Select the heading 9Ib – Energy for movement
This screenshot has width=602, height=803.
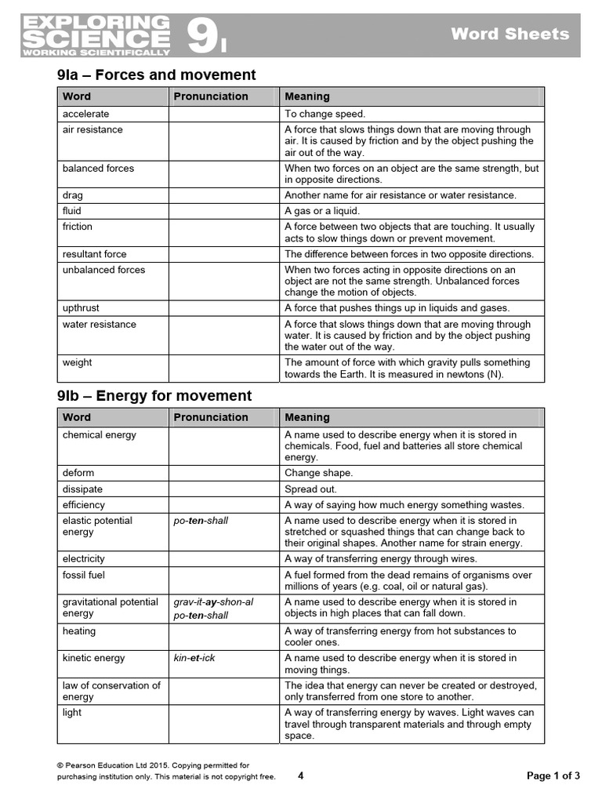coord(154,396)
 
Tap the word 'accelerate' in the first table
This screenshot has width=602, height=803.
coord(86,114)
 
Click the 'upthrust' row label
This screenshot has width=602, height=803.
coord(82,308)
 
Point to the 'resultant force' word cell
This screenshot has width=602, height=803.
coord(95,254)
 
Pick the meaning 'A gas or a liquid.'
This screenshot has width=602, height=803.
coord(322,211)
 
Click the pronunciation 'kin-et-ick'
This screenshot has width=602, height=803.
coord(194,658)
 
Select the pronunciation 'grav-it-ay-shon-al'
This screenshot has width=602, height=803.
coord(213,602)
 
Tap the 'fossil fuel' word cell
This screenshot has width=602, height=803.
coord(84,575)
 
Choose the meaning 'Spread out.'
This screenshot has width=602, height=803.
coord(311,489)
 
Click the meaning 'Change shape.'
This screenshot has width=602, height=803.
coord(319,474)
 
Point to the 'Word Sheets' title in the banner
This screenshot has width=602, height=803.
coord(510,34)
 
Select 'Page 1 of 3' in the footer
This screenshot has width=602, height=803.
coord(553,776)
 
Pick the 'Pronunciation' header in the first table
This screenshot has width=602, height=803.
coord(211,96)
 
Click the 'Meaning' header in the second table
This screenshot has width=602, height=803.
coord(307,417)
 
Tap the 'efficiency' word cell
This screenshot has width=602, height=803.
coord(84,505)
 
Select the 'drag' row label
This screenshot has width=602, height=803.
coord(73,195)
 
